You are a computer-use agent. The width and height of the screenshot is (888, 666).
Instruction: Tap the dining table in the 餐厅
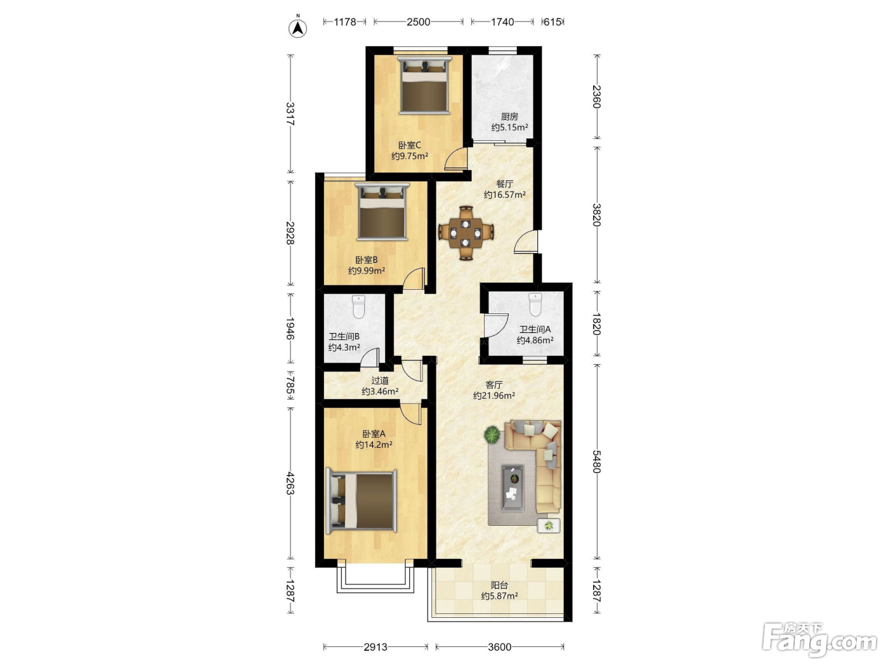pos(466,233)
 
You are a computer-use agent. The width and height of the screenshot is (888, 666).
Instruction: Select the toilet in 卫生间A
pos(535,304)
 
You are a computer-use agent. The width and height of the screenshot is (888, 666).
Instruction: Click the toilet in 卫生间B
pos(358,306)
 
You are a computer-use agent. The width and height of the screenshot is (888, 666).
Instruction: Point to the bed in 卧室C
pos(424,86)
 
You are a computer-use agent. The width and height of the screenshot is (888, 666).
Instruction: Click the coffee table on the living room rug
pos(513,488)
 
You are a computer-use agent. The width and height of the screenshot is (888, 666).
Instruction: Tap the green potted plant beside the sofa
pos(492,435)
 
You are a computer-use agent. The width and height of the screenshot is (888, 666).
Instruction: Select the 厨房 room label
pos(509,117)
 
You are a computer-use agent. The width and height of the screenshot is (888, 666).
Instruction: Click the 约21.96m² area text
pos(494,395)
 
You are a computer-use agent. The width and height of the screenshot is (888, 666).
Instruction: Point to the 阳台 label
pos(499,585)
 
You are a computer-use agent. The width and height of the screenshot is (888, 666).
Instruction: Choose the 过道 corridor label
pos(380,381)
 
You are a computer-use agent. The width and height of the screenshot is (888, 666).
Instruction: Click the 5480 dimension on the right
pos(597,461)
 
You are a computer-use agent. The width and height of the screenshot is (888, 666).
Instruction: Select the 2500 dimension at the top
pos(418,22)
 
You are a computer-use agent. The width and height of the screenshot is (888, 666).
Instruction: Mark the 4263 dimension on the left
pos(290,483)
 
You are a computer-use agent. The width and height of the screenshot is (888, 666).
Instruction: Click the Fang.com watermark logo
pos(819,641)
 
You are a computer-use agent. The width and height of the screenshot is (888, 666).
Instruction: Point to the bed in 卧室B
pos(382,212)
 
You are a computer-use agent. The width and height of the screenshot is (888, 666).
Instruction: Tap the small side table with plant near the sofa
pos(549,526)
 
